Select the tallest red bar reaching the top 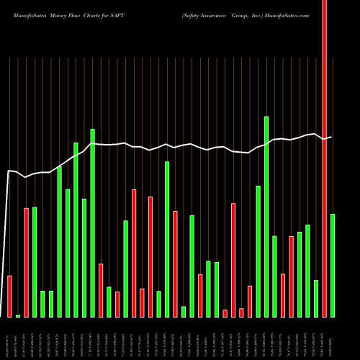tap(324, 158)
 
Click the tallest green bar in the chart tap(266, 216)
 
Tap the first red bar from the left tap(10, 296)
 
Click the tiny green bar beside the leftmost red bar tap(18, 315)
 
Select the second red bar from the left tap(27, 262)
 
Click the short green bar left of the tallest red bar tap(316, 298)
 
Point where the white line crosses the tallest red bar tap(324, 138)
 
